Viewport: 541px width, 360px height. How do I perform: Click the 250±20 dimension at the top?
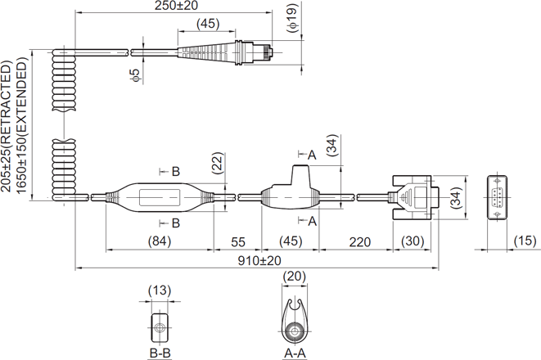click(x=176, y=5)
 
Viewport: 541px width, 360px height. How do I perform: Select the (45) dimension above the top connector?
click(x=208, y=24)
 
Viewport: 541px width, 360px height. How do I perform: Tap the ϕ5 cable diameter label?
click(x=136, y=74)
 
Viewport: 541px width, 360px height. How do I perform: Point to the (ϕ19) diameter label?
click(x=292, y=18)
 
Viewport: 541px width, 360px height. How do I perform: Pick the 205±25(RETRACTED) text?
click(x=7, y=126)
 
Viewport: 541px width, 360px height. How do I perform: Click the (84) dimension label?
click(x=160, y=241)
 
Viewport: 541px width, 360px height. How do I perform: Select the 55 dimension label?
click(x=237, y=241)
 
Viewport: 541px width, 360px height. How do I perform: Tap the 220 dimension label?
click(x=359, y=242)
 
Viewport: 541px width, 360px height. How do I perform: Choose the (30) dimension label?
click(x=413, y=241)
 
